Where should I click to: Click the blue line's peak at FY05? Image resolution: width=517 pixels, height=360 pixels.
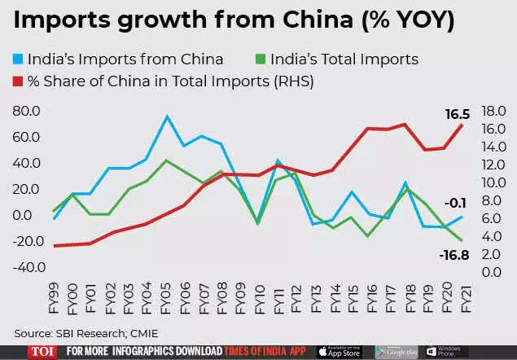[167, 116]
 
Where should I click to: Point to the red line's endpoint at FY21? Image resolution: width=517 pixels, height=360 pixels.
[462, 124]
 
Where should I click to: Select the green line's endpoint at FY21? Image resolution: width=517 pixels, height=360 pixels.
[462, 240]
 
